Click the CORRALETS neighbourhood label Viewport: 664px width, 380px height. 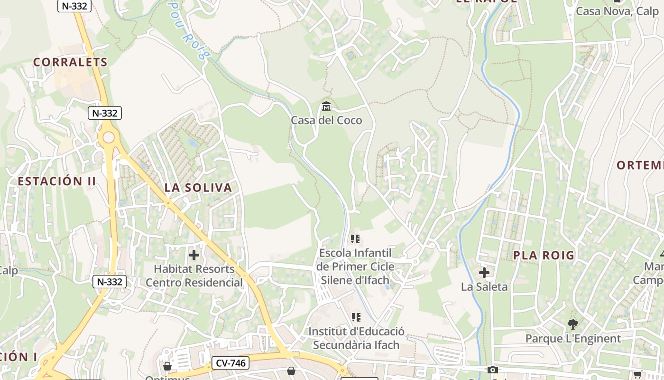(x=70, y=62)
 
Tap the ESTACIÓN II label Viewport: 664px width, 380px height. (x=57, y=181)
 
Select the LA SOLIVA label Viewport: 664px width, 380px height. (x=198, y=188)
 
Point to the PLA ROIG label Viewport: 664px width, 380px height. (x=544, y=256)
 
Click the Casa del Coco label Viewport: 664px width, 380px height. (x=326, y=120)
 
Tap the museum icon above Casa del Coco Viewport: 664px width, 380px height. (x=326, y=105)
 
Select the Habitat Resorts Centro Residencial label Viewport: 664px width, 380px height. (x=194, y=275)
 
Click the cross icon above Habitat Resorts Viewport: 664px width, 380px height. (x=194, y=255)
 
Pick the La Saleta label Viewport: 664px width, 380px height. (x=484, y=287)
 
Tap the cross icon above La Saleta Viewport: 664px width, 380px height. (x=484, y=273)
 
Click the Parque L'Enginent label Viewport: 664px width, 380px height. (x=573, y=339)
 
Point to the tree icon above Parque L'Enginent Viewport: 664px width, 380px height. (x=573, y=324)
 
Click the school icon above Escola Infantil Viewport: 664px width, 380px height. (x=356, y=238)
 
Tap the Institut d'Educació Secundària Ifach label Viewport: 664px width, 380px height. (x=356, y=338)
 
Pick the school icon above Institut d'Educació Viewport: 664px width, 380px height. (x=356, y=317)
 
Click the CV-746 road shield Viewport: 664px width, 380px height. (x=230, y=363)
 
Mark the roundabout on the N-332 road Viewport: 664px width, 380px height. (x=109, y=138)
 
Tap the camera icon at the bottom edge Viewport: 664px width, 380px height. (x=492, y=370)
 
